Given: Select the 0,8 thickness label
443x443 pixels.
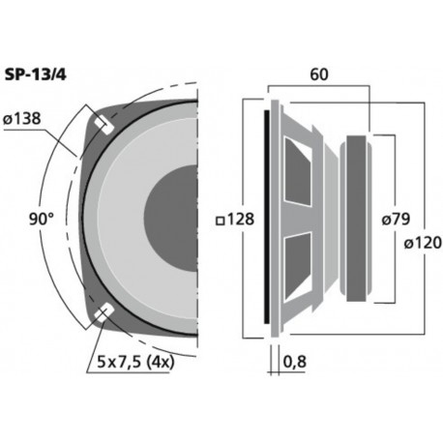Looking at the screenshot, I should (296, 365).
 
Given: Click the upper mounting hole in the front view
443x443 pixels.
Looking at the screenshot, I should (103, 124).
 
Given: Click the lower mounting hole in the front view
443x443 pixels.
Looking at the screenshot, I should (103, 313).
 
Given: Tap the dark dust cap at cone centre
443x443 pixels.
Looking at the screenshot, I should (174, 219).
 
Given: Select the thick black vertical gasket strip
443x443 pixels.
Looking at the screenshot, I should (268, 218).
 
